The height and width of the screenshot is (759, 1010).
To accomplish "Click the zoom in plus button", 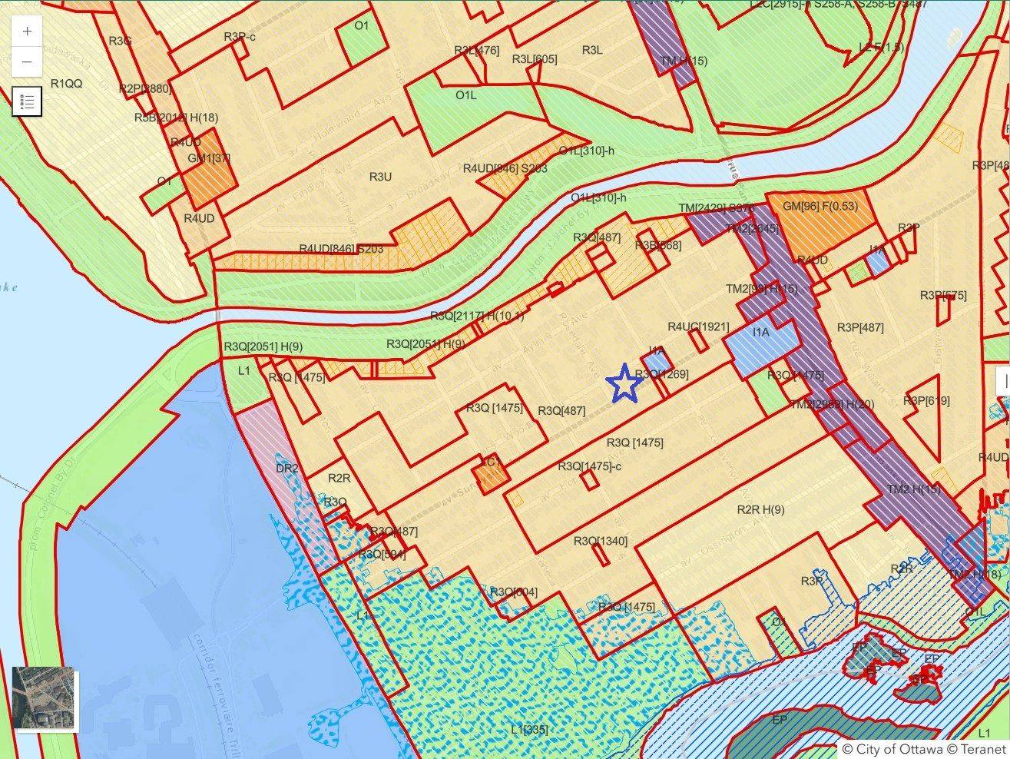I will pyautogui.click(x=28, y=31).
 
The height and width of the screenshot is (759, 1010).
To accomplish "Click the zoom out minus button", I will pyautogui.click(x=28, y=61).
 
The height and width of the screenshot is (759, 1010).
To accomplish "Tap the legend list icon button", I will pyautogui.click(x=27, y=101).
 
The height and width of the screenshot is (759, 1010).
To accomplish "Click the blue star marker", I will pyautogui.click(x=624, y=383).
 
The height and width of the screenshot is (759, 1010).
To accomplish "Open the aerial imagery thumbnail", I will pyautogui.click(x=45, y=698).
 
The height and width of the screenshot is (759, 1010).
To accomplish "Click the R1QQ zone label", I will pyautogui.click(x=66, y=83).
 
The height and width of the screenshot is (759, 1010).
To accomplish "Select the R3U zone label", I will pyautogui.click(x=380, y=177).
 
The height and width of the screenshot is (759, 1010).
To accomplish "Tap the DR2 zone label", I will pyautogui.click(x=286, y=468).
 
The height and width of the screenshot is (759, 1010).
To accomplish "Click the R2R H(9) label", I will pyautogui.click(x=760, y=509).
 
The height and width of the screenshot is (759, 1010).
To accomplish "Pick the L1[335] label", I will pyautogui.click(x=529, y=729).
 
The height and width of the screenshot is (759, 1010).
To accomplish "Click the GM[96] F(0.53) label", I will pyautogui.click(x=820, y=206).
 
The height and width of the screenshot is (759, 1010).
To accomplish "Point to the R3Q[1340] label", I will pyautogui.click(x=601, y=541).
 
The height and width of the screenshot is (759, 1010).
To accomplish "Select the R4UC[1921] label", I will pyautogui.click(x=698, y=326).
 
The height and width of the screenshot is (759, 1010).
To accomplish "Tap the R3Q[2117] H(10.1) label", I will pyautogui.click(x=476, y=316).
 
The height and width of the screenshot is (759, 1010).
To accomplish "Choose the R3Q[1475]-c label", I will pyautogui.click(x=590, y=466).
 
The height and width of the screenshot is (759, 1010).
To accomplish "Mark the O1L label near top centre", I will pyautogui.click(x=466, y=95).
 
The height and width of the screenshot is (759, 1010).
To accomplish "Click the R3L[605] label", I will pyautogui.click(x=535, y=59).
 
